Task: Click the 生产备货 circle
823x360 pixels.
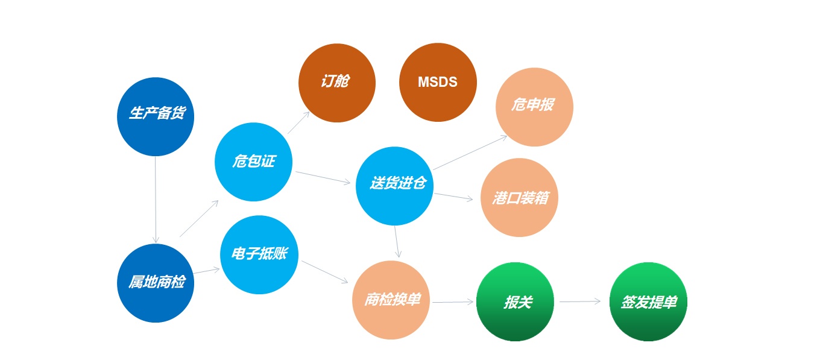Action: [156, 116]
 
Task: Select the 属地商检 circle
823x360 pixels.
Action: [156, 283]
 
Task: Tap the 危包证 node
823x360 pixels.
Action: [253, 162]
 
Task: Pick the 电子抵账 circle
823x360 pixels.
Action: [259, 254]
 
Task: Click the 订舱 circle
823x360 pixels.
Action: [337, 83]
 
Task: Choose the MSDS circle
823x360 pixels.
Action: [438, 82]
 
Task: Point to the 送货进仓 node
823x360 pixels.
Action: [394, 186]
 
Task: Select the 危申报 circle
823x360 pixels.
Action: [534, 107]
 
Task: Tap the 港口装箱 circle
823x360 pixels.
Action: [519, 197]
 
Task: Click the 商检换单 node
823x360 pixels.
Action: [391, 300]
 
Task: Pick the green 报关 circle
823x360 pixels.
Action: [515, 302]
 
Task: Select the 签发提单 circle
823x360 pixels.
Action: [648, 302]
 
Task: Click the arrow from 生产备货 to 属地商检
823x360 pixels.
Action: [156, 200]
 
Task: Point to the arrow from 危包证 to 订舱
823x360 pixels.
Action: [298, 122]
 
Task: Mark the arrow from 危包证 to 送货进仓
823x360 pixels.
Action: [323, 177]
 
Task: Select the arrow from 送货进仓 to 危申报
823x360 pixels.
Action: [470, 153]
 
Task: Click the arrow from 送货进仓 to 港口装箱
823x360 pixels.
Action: [454, 197]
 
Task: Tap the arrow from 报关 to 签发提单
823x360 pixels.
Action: [580, 302]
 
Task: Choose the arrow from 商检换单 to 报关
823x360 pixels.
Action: [453, 302]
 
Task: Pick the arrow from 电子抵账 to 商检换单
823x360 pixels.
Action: [325, 272]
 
